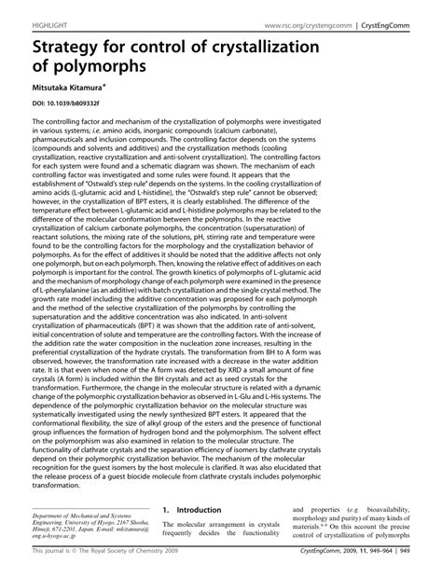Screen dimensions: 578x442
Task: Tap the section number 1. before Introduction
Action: pyautogui.click(x=166, y=511)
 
